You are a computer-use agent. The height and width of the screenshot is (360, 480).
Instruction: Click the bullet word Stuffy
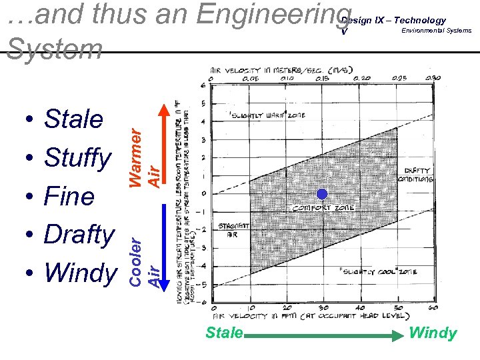click(x=77, y=158)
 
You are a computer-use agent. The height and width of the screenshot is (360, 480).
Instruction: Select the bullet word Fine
click(x=69, y=197)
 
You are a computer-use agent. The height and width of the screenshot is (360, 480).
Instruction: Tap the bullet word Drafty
click(x=79, y=235)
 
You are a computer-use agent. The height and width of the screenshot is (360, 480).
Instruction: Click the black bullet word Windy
click(x=79, y=272)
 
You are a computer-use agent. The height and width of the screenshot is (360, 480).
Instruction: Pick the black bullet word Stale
click(x=73, y=120)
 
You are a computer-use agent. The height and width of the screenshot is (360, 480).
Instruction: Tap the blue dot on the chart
click(x=322, y=195)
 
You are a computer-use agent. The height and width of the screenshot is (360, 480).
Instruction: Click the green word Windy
click(x=433, y=333)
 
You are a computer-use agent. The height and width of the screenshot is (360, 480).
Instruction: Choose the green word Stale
click(x=224, y=333)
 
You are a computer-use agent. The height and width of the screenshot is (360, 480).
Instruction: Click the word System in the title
click(x=53, y=48)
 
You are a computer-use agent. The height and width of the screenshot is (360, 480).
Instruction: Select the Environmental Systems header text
click(x=436, y=31)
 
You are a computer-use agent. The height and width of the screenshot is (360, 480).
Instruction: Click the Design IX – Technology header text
click(x=393, y=20)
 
